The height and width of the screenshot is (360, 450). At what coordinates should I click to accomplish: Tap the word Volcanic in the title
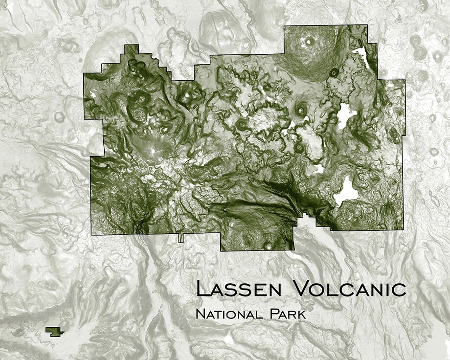pos(349,289)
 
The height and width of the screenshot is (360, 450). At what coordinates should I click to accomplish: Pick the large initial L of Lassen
pos(202,288)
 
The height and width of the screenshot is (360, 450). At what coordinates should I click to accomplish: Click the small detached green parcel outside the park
pos(55,331)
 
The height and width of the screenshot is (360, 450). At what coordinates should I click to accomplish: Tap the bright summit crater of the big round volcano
pos(309,42)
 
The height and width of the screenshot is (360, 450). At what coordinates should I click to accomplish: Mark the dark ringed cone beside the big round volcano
pos(334,72)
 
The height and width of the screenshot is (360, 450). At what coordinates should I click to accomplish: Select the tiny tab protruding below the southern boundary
pos(181,238)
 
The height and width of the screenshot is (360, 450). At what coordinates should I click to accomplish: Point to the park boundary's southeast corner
pos(404,229)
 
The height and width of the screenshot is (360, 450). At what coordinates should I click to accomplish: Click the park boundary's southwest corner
pos(91,234)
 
